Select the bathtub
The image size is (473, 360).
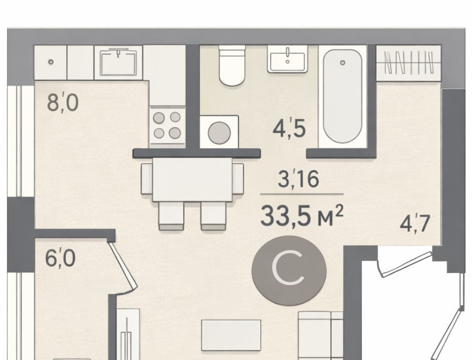coord(342,97)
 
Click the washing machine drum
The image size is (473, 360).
coord(219,133)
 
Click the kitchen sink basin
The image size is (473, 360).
coord(118,63)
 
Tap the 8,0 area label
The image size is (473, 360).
coord(63,103)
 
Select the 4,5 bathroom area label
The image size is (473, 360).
coord(289,128)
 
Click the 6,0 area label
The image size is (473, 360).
coord(60,258)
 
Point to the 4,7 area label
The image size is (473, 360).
coord(415,223)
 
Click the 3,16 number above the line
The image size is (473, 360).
coord(298,179)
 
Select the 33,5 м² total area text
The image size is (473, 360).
coord(302,216)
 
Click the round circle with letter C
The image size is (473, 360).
coord(289,271)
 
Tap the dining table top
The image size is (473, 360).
coord(192,180)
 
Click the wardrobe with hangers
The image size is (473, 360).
coord(409,63)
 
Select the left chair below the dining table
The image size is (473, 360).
coord(171,216)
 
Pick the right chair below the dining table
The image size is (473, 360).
coord(213,216)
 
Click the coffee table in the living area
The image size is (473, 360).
coord(231,335)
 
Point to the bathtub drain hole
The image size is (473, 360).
coord(342,63)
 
